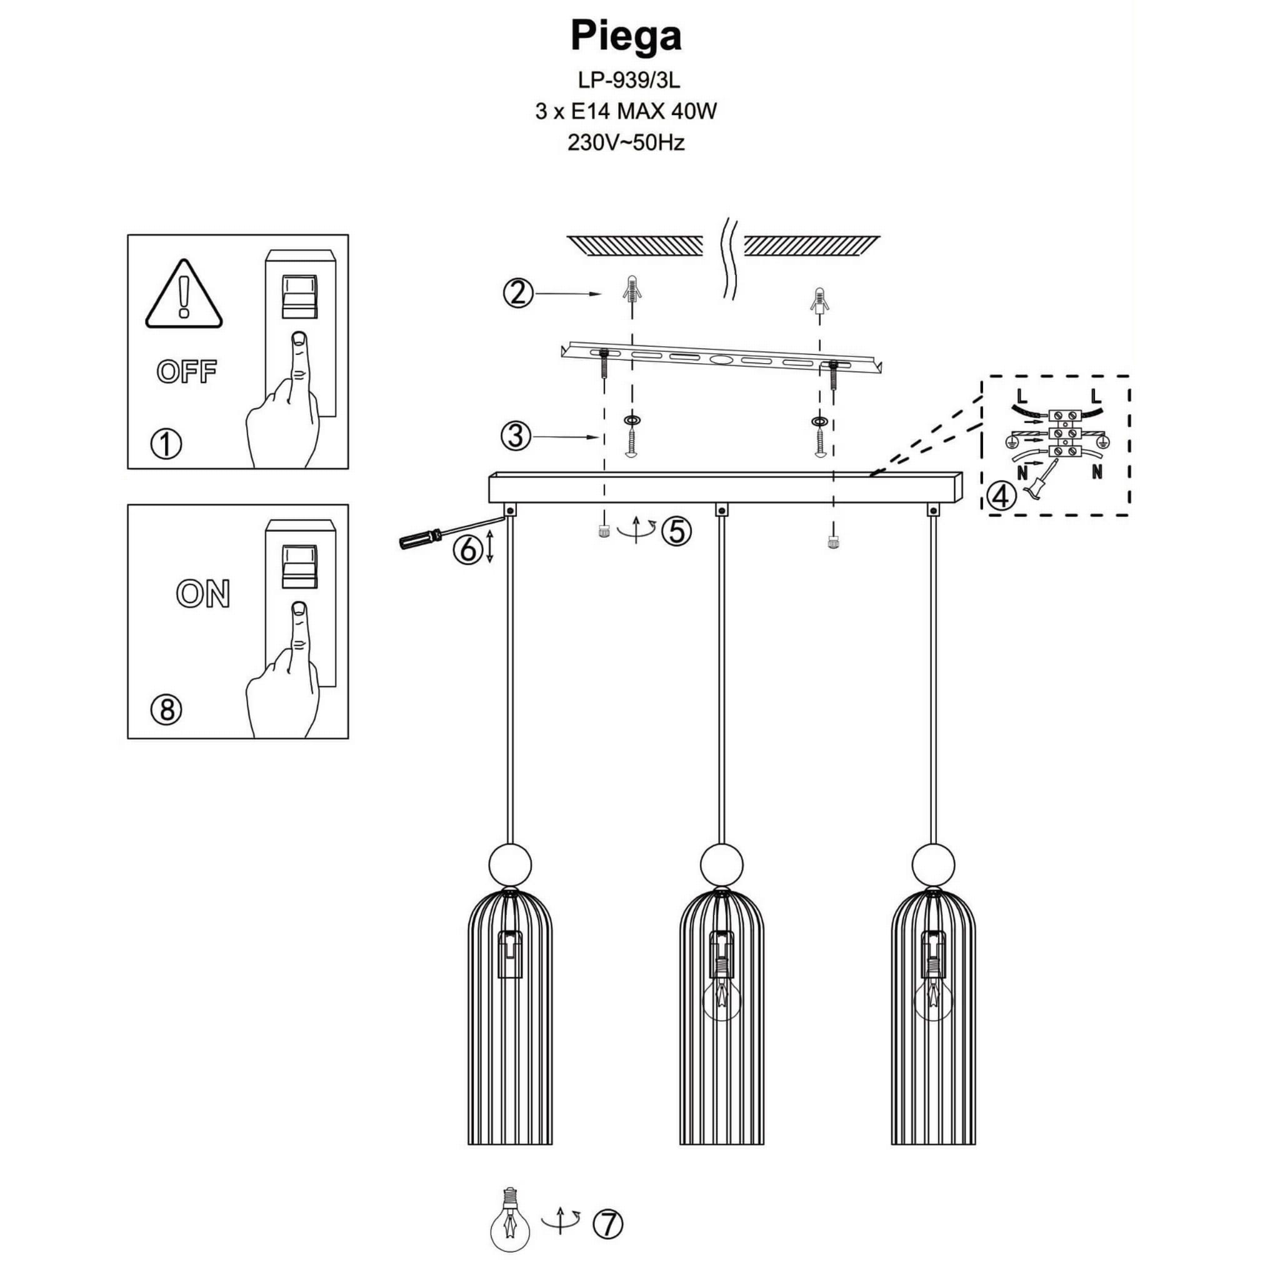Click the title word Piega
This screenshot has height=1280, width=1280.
click(626, 36)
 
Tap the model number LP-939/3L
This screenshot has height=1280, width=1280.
click(628, 80)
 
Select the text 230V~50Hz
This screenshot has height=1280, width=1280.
click(626, 142)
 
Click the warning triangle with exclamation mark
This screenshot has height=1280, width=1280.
click(184, 295)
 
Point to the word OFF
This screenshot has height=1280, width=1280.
click(187, 372)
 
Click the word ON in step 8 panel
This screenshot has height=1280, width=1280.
click(202, 594)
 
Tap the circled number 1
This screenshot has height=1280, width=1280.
click(166, 444)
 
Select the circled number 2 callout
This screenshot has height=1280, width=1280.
click(518, 293)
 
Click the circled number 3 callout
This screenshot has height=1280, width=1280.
click(516, 437)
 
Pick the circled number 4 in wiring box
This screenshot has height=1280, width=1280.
click(1001, 495)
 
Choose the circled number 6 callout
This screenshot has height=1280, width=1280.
click(467, 550)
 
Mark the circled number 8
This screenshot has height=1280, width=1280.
click(166, 710)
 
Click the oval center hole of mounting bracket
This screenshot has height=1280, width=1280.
click(721, 361)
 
